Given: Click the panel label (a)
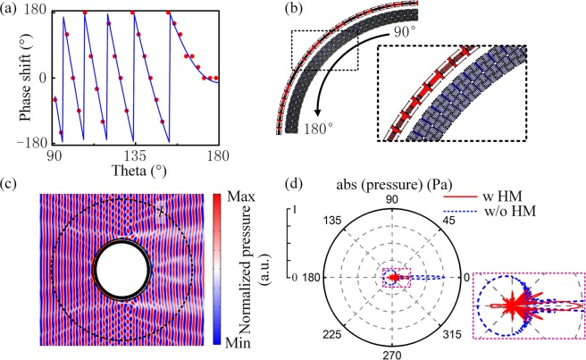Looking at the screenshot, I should [13, 10].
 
